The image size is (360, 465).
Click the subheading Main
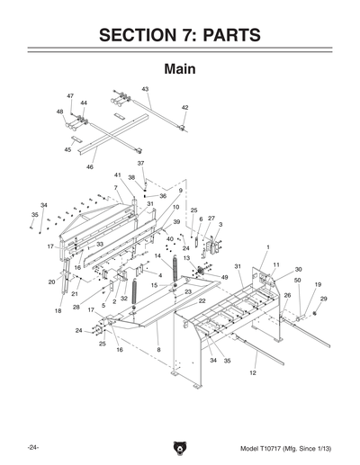coord(180,68)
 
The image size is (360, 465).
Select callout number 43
coord(145,89)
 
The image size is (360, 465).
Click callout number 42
coord(184,107)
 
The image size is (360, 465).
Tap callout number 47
coord(70,95)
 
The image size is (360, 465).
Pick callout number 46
coord(89,167)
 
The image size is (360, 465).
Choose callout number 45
coord(67,150)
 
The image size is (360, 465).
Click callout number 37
coord(140,163)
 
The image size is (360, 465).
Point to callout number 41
coord(117,174)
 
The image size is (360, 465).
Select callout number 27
coord(211,218)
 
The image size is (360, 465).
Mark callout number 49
coord(224,277)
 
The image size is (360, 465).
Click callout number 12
coord(254,371)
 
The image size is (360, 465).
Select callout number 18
coord(58,311)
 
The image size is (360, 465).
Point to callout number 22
coord(202,300)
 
